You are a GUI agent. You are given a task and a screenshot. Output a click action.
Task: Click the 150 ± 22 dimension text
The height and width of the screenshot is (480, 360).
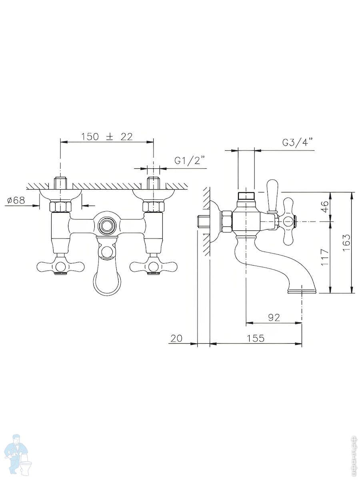pos(107,137)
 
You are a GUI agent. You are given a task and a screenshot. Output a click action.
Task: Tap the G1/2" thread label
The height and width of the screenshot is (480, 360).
pos(190,161)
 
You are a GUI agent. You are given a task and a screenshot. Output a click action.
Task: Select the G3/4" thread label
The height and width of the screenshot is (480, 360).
pos(298,142)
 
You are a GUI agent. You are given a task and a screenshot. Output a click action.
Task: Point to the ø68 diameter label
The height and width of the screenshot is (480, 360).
pos(16,200)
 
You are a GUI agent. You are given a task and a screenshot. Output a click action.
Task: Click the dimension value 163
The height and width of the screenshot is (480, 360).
pos(346,243)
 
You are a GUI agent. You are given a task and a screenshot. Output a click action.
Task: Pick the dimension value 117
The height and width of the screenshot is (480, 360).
pos(325,257)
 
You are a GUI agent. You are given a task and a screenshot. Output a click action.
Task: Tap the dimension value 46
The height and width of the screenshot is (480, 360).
pos(325,206)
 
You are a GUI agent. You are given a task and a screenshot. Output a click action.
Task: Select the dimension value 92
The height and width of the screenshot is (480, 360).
pos(274,317)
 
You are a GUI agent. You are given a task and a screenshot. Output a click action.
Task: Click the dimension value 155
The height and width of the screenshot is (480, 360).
pos(256,338)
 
